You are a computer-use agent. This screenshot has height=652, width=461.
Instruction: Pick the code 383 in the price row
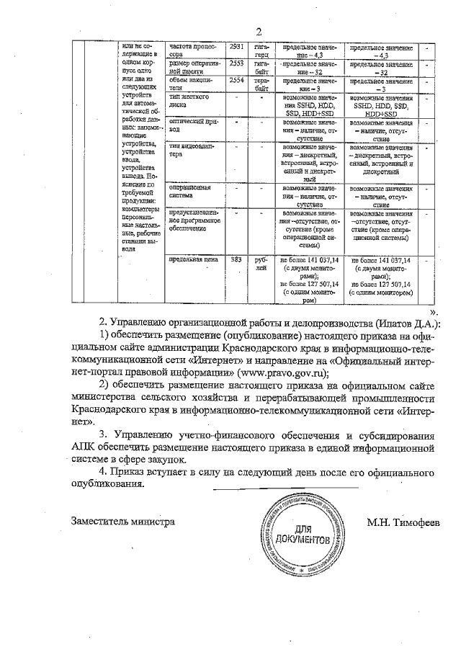pyautogui.click(x=235, y=258)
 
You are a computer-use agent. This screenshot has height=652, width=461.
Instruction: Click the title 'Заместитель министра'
pyautogui.click(x=122, y=521)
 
